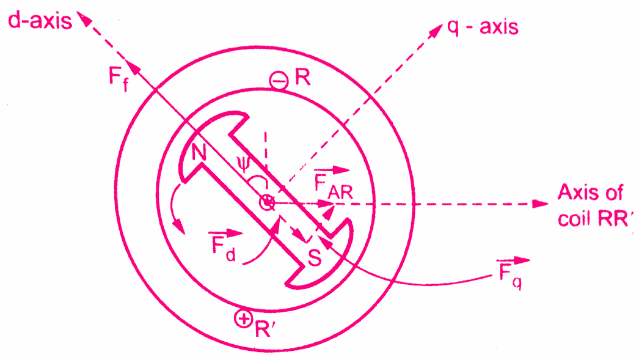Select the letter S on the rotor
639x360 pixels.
pyautogui.click(x=314, y=258)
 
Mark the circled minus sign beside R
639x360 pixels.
pyautogui.click(x=279, y=81)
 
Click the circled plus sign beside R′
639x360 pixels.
pyautogui.click(x=243, y=318)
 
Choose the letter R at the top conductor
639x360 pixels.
pyautogui.click(x=301, y=78)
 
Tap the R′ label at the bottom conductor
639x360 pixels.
pyautogui.click(x=265, y=320)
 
